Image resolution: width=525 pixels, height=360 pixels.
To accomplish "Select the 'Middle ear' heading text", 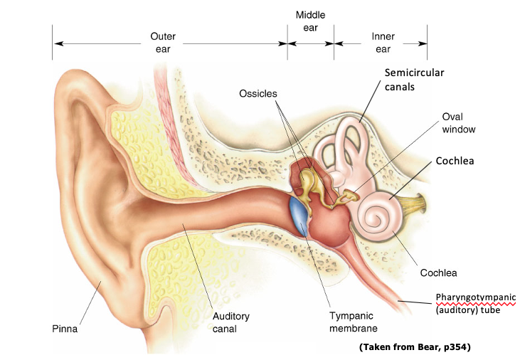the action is [310, 21].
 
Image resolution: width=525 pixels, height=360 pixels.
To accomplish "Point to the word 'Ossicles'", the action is [258, 94].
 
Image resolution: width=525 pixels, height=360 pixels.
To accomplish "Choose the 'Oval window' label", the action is [458, 123].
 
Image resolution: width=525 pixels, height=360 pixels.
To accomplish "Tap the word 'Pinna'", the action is [65, 329].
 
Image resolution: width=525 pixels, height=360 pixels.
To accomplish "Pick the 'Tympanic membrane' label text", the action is [353, 322].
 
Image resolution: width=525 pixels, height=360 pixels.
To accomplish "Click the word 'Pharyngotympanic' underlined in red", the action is [474, 297].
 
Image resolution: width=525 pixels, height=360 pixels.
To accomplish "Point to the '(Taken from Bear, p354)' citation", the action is [415, 347].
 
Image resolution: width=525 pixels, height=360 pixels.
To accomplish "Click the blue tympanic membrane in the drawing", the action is [300, 216].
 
